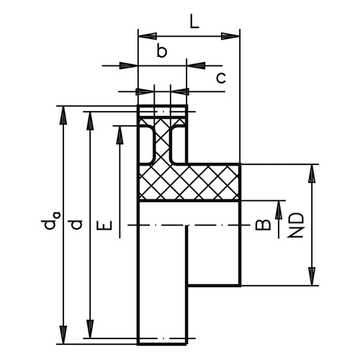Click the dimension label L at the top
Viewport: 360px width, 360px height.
coord(194,21)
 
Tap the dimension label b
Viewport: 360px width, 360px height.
coord(161,50)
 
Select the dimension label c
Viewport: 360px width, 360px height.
coord(221,78)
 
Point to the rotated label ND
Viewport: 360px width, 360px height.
coord(296,225)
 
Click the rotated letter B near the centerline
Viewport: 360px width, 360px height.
coord(263,225)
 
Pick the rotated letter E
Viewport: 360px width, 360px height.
coord(104,225)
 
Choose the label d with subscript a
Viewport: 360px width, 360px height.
coord(51,221)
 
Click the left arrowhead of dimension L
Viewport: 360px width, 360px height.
coord(148,36)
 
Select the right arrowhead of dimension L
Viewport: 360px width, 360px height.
coord(230,36)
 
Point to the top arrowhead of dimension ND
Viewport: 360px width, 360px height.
coord(312,174)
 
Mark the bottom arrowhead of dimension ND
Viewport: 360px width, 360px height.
coord(312,276)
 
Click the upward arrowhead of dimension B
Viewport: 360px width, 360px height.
coord(279,210)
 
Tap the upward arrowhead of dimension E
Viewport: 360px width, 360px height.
coord(120,135)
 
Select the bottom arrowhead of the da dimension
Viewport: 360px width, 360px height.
coord(63,335)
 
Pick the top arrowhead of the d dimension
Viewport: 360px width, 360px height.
coord(90,121)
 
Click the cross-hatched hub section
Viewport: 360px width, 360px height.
coord(189,182)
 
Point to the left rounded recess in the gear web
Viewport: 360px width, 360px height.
coord(147,145)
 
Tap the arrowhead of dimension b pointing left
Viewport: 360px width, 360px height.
coord(196,66)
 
